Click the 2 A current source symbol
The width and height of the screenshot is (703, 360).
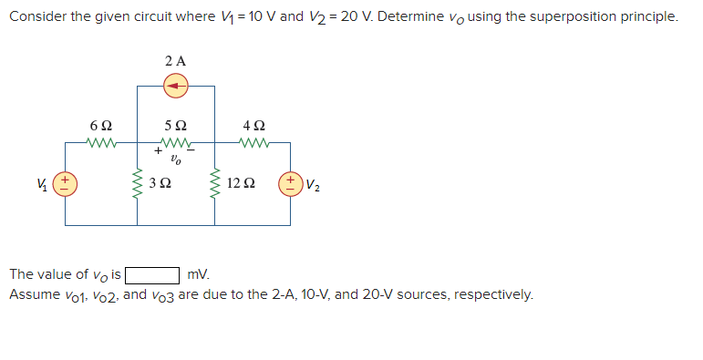tap(176, 86)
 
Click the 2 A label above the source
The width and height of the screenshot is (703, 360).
tap(176, 60)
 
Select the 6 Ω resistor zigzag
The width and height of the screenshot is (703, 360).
tap(101, 141)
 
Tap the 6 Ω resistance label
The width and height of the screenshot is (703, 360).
tap(101, 124)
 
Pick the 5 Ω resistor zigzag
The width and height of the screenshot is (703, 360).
tap(176, 141)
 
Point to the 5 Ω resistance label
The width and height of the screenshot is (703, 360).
tap(176, 124)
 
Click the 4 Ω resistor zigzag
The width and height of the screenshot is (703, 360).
tap(253, 141)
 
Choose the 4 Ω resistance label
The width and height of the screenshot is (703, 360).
tap(253, 124)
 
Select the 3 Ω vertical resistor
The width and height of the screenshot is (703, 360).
tap(138, 183)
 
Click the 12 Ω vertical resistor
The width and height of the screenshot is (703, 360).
tap(215, 183)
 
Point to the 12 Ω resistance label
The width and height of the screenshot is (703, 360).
tap(241, 184)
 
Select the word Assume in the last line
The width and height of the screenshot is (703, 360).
tap(31, 294)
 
